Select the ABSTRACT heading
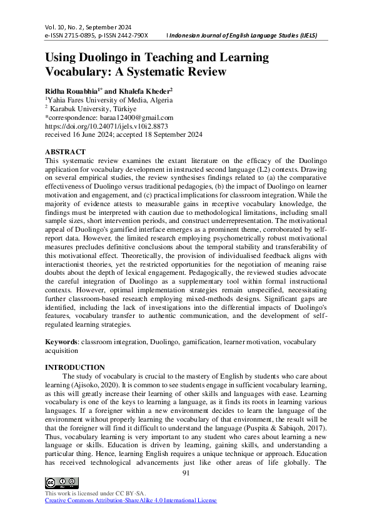tap(66, 152)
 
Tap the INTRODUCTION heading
tap(75, 367)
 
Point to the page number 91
tap(186, 473)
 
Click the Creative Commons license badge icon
tap(62, 482)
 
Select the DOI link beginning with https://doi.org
tap(107, 126)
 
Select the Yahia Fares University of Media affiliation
tap(103, 100)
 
